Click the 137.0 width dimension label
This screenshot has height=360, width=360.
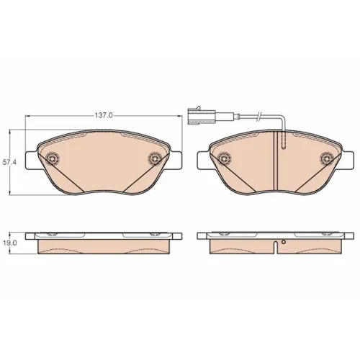[104, 115]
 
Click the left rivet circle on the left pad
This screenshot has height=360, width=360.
[53, 158]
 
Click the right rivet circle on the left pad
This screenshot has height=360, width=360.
[154, 158]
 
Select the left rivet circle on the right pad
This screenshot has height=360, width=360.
[224, 158]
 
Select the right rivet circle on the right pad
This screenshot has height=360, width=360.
[326, 158]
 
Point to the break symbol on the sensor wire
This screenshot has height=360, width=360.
[258, 116]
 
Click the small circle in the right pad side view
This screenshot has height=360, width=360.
[284, 242]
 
